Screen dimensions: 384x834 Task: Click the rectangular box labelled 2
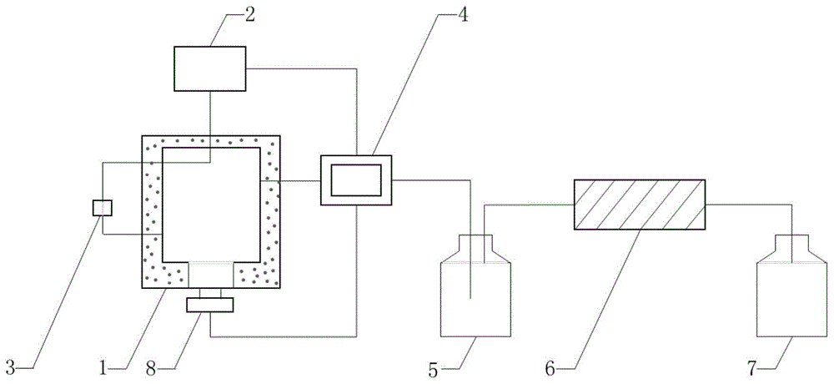click(x=209, y=68)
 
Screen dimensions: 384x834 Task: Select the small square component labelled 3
click(x=103, y=207)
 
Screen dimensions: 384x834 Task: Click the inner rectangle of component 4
click(x=357, y=179)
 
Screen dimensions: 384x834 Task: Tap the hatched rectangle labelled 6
click(x=640, y=204)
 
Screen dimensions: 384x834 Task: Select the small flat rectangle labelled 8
click(x=209, y=304)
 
